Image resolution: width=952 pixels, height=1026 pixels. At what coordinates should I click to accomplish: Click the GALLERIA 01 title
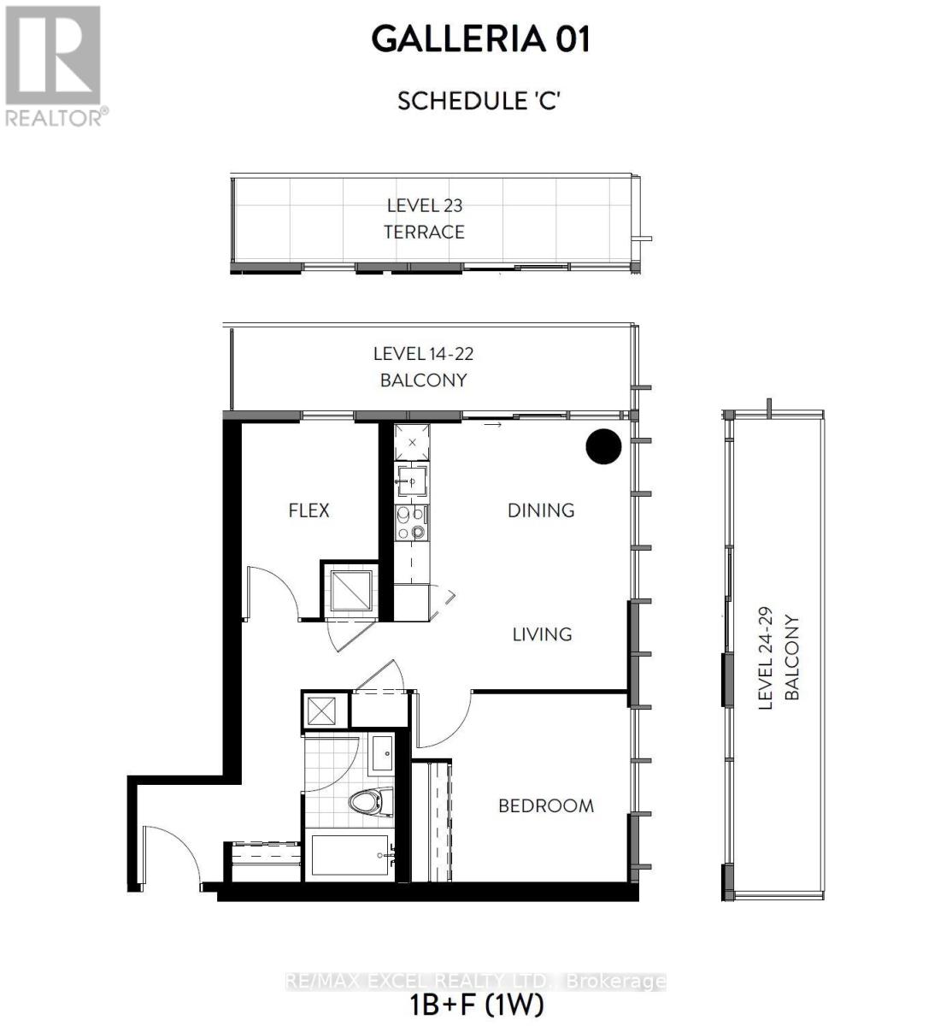(480, 40)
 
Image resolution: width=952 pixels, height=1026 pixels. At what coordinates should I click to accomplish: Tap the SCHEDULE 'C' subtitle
(479, 101)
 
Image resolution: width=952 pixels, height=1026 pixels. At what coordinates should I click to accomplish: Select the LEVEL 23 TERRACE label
(425, 219)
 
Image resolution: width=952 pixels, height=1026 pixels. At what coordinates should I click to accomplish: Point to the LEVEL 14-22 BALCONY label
(423, 367)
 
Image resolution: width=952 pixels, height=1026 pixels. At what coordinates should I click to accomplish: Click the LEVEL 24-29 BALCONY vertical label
(779, 659)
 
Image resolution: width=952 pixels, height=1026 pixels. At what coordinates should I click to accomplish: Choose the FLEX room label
(309, 510)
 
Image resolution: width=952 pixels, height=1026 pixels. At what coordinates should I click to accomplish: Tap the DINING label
(541, 510)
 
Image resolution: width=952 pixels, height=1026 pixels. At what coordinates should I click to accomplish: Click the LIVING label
(542, 634)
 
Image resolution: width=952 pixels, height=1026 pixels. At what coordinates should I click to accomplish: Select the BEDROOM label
(546, 805)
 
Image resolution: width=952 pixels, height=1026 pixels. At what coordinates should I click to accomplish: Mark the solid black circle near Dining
(602, 446)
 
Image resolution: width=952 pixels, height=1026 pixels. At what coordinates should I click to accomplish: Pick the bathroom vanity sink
(382, 754)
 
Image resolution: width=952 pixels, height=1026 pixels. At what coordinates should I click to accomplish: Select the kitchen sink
(413, 480)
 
